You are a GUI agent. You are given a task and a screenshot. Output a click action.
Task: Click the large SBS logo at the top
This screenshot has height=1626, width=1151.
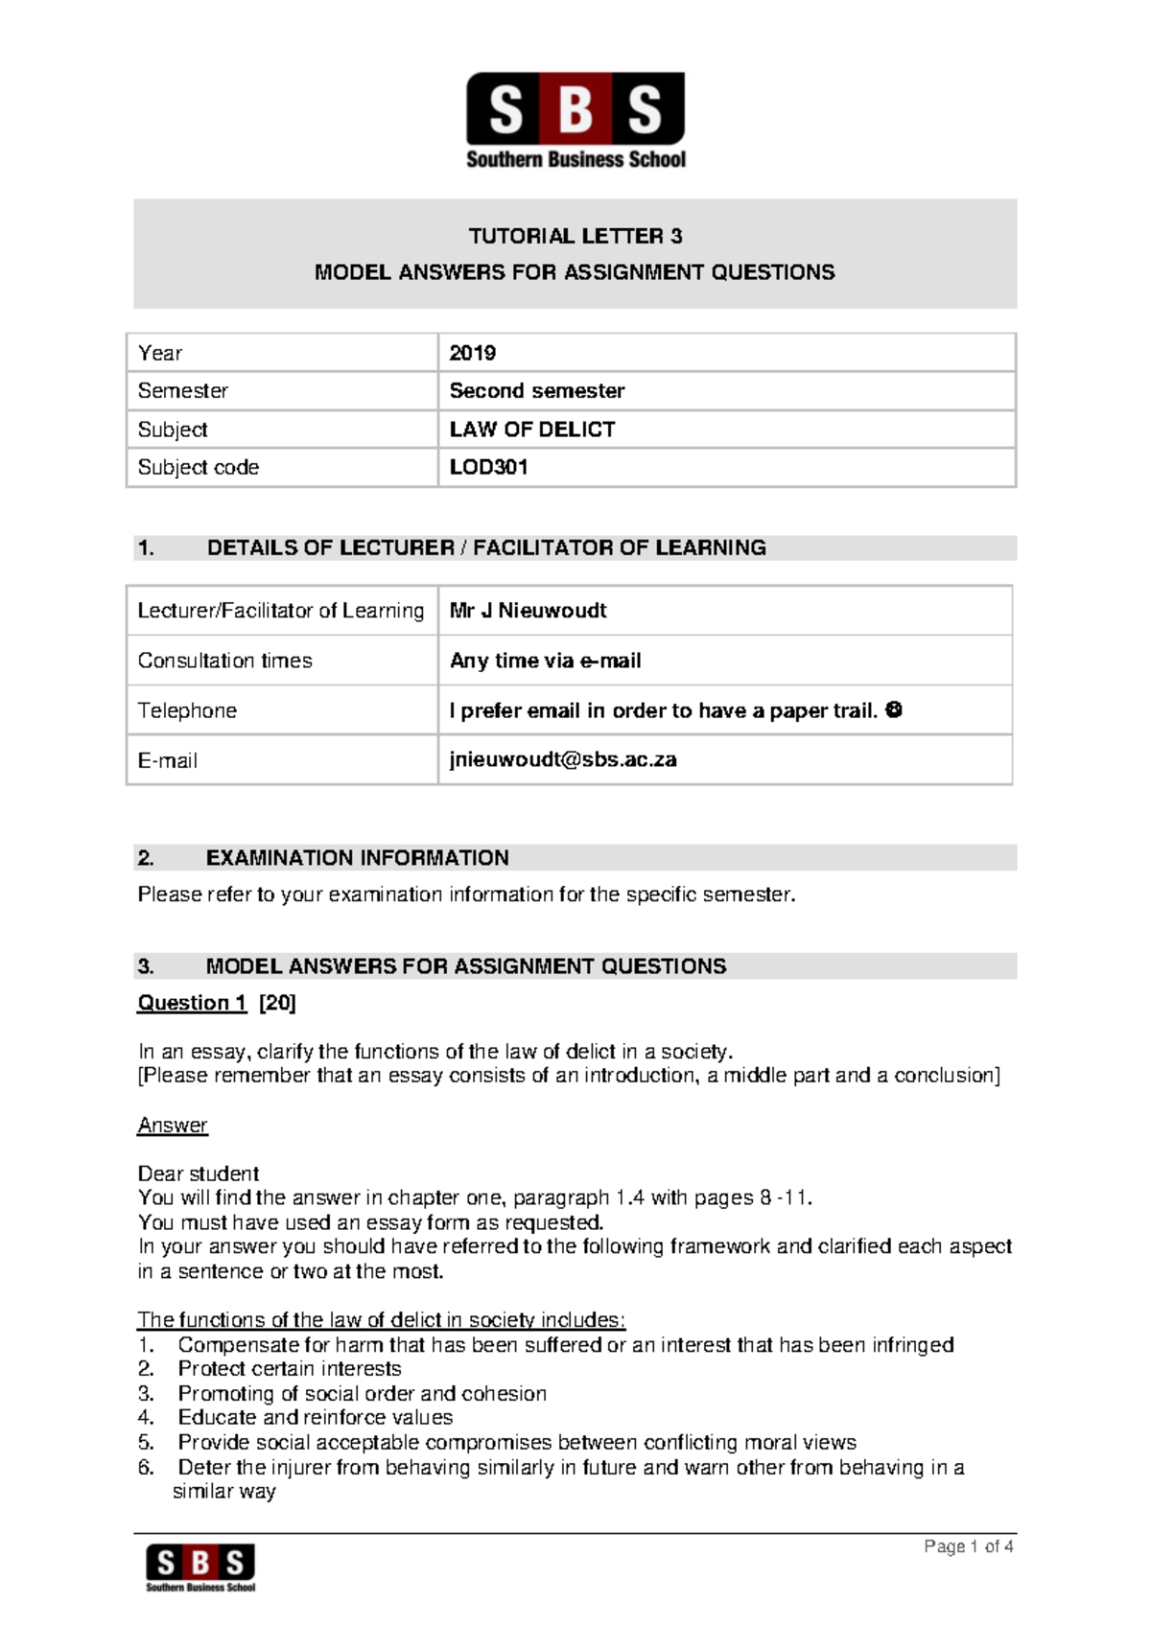pos(575,120)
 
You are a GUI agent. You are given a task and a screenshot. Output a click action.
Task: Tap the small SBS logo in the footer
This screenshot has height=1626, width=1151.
pos(200,1567)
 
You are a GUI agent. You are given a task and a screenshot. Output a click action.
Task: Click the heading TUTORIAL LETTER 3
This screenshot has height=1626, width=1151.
pos(575,236)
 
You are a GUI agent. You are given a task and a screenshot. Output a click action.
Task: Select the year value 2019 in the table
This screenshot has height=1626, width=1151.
pos(473,353)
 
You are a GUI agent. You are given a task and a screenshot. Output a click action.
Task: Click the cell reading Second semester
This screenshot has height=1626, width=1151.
pos(536,391)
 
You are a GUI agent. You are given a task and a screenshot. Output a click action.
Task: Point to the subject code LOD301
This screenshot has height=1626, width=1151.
pos(488,468)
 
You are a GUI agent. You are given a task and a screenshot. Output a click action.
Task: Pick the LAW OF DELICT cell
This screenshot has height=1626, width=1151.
pos(532,430)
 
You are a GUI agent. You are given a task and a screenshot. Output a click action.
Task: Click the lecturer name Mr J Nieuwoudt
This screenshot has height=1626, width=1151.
pos(528,611)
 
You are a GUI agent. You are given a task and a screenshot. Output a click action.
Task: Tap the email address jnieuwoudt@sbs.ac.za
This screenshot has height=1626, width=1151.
pos(563,760)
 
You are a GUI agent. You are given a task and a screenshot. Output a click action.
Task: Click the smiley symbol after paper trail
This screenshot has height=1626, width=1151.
pos(894,710)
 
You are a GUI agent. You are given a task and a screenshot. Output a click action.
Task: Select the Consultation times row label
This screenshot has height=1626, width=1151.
pos(224,661)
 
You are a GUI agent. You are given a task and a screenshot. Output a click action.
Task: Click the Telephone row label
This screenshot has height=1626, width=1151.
pos(187,710)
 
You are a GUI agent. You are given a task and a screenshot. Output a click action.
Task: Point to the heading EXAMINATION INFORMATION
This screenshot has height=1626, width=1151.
pos(357,858)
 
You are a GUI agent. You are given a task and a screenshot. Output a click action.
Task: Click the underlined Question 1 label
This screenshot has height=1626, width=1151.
pos(192,1003)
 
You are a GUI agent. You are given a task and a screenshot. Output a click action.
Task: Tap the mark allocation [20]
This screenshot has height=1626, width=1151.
pos(278,1003)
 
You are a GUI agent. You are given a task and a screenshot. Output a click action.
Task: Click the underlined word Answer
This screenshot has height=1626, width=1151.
pos(173,1126)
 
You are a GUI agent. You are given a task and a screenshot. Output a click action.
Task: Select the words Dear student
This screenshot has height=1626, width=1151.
pos(199,1174)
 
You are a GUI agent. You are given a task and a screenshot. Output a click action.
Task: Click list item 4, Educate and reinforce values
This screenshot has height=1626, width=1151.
pos(315,1418)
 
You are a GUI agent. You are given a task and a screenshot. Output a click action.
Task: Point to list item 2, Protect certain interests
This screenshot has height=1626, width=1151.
pos(289,1369)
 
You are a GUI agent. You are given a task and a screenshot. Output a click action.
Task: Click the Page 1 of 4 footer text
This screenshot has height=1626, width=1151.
pos(968,1546)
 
